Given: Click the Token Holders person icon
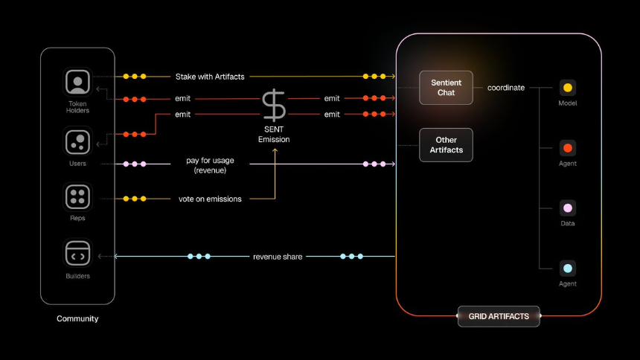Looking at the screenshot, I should (x=77, y=82).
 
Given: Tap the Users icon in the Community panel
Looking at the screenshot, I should (x=77, y=141).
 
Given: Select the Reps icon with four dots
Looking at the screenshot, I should (x=77, y=196).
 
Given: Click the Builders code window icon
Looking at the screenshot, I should (x=77, y=254).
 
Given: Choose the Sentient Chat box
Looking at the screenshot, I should (x=446, y=88).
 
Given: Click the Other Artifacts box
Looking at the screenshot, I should (x=446, y=145).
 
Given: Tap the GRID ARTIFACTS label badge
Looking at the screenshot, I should (x=499, y=316).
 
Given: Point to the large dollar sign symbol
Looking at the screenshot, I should (x=274, y=106).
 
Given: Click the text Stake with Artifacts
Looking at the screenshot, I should (x=210, y=77).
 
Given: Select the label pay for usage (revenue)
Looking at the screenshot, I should (x=210, y=164).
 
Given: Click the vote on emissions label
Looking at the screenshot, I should (x=210, y=199).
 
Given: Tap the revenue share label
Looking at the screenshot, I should (x=278, y=257).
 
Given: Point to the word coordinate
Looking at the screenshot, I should (x=506, y=88).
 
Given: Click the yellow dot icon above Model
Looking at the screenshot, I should (x=568, y=88).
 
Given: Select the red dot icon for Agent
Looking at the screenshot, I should (x=568, y=148).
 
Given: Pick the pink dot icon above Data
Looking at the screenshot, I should (x=568, y=208).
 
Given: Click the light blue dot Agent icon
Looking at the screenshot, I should (x=568, y=269).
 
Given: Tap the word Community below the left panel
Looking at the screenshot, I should (x=77, y=318).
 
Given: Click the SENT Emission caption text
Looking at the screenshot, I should (x=274, y=135).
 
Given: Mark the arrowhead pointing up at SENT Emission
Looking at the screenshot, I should (x=274, y=150).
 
